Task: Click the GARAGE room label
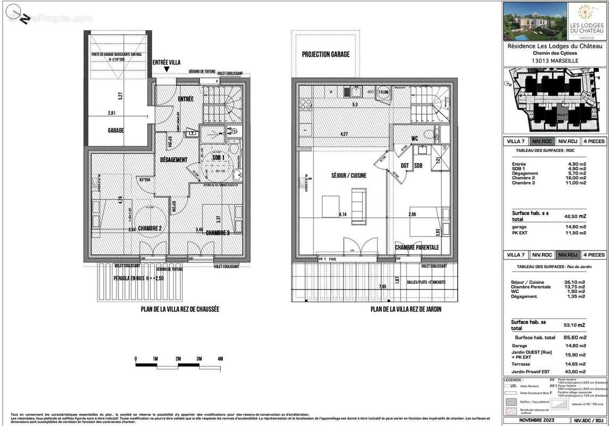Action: (115, 130)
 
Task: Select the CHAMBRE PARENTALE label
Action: (417, 247)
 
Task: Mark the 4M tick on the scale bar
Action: (220, 358)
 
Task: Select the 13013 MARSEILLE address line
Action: (556, 61)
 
